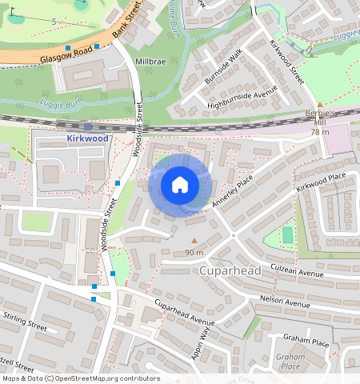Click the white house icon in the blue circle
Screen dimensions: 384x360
(x=180, y=186)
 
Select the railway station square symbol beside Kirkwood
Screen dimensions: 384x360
(x=87, y=126)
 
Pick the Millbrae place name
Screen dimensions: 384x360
(x=150, y=61)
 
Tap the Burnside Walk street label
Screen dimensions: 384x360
(x=222, y=68)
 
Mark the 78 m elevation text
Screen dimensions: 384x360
(x=320, y=132)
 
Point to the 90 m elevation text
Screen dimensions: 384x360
(x=194, y=253)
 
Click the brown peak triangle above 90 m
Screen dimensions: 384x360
(x=194, y=241)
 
